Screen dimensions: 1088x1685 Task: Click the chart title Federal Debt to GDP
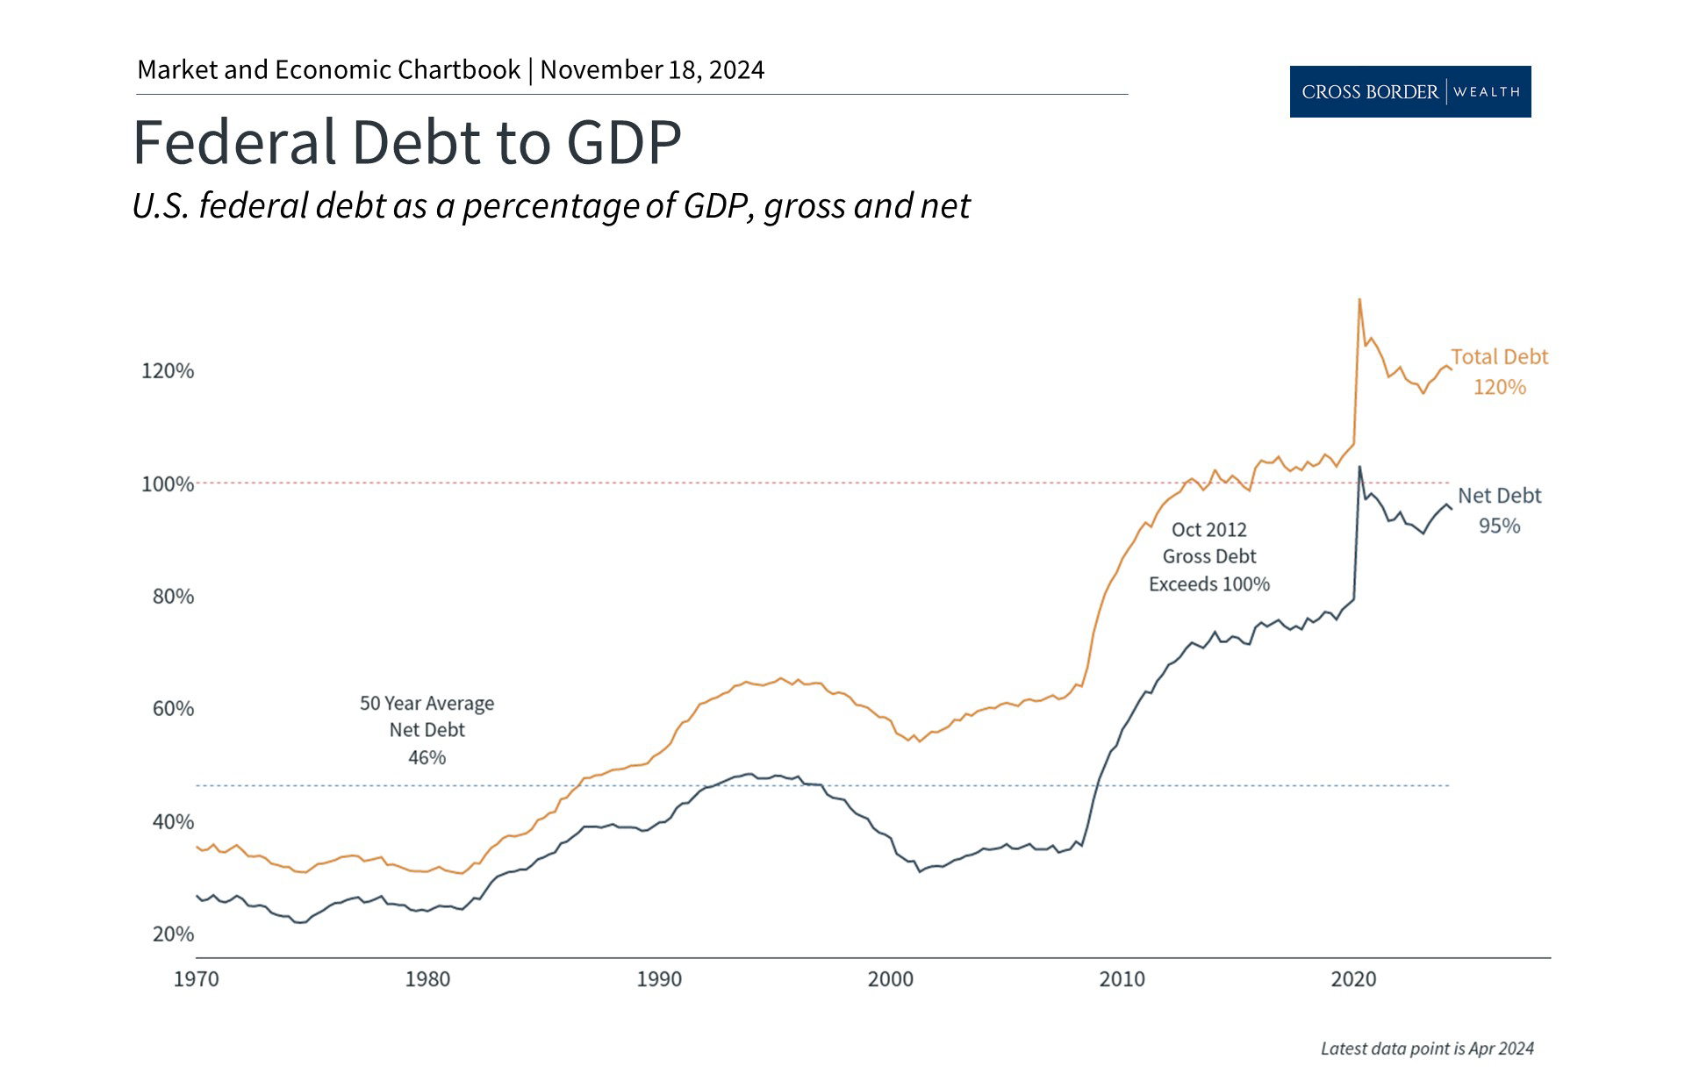click(406, 142)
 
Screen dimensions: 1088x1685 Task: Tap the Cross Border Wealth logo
click(1409, 91)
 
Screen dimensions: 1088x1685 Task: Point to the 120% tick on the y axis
click(168, 371)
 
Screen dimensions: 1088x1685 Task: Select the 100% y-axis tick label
click(168, 484)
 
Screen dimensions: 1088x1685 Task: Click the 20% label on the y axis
click(173, 934)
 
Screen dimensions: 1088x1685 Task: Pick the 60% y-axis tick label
click(173, 709)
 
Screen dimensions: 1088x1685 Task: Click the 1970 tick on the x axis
click(196, 979)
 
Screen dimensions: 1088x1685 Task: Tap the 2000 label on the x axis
click(890, 979)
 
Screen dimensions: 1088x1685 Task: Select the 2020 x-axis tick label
click(1353, 979)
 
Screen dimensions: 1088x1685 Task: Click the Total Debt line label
click(1499, 357)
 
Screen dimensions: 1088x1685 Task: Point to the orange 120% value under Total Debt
click(1499, 387)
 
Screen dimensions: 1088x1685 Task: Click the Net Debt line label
click(1499, 496)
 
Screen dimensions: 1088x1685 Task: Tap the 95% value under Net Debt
click(1499, 526)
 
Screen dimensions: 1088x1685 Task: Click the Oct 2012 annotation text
click(1208, 530)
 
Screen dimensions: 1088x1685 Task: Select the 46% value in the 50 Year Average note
click(427, 757)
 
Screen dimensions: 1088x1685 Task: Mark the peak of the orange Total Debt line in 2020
click(1359, 300)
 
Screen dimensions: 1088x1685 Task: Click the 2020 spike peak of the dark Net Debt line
click(1359, 467)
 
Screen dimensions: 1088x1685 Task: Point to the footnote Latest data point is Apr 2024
click(1427, 1049)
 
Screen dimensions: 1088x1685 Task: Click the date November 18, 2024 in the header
click(652, 70)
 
